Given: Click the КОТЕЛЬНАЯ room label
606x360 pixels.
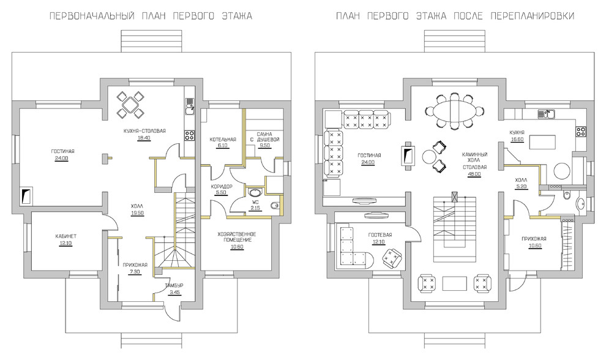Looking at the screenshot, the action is pyautogui.click(x=223, y=139).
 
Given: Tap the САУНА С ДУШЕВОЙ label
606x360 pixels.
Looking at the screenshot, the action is pyautogui.click(x=264, y=137).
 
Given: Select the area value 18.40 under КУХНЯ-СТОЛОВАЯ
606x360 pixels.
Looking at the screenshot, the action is pyautogui.click(x=144, y=137).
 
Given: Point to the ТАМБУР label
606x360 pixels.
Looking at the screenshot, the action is pyautogui.click(x=174, y=285).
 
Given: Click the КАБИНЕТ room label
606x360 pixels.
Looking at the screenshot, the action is pyautogui.click(x=64, y=236).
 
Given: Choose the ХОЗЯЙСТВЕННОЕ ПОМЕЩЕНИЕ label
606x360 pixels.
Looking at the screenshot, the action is pyautogui.click(x=237, y=237).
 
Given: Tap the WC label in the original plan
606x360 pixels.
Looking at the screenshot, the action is pyautogui.click(x=255, y=203).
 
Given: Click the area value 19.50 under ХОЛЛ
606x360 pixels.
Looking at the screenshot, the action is pyautogui.click(x=137, y=213).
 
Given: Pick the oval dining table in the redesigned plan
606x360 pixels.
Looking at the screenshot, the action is pyautogui.click(x=454, y=111).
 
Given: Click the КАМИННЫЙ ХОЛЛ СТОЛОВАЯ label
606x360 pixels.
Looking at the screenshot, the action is pyautogui.click(x=474, y=160).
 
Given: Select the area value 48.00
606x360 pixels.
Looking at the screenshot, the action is pyautogui.click(x=474, y=174).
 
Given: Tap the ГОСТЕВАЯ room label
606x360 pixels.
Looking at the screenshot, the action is pyautogui.click(x=380, y=235).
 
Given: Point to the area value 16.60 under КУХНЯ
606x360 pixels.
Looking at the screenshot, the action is pyautogui.click(x=517, y=139).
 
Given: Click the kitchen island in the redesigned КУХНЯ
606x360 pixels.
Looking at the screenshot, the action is pyautogui.click(x=542, y=142).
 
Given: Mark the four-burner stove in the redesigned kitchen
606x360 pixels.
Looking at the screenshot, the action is pyautogui.click(x=581, y=132).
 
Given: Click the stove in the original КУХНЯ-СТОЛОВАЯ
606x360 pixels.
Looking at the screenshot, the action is pyautogui.click(x=189, y=135).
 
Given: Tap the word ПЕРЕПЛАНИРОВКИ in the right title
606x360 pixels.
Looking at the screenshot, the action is pyautogui.click(x=533, y=16).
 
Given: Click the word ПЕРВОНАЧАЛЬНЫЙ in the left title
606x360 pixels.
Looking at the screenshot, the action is pyautogui.click(x=92, y=16).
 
